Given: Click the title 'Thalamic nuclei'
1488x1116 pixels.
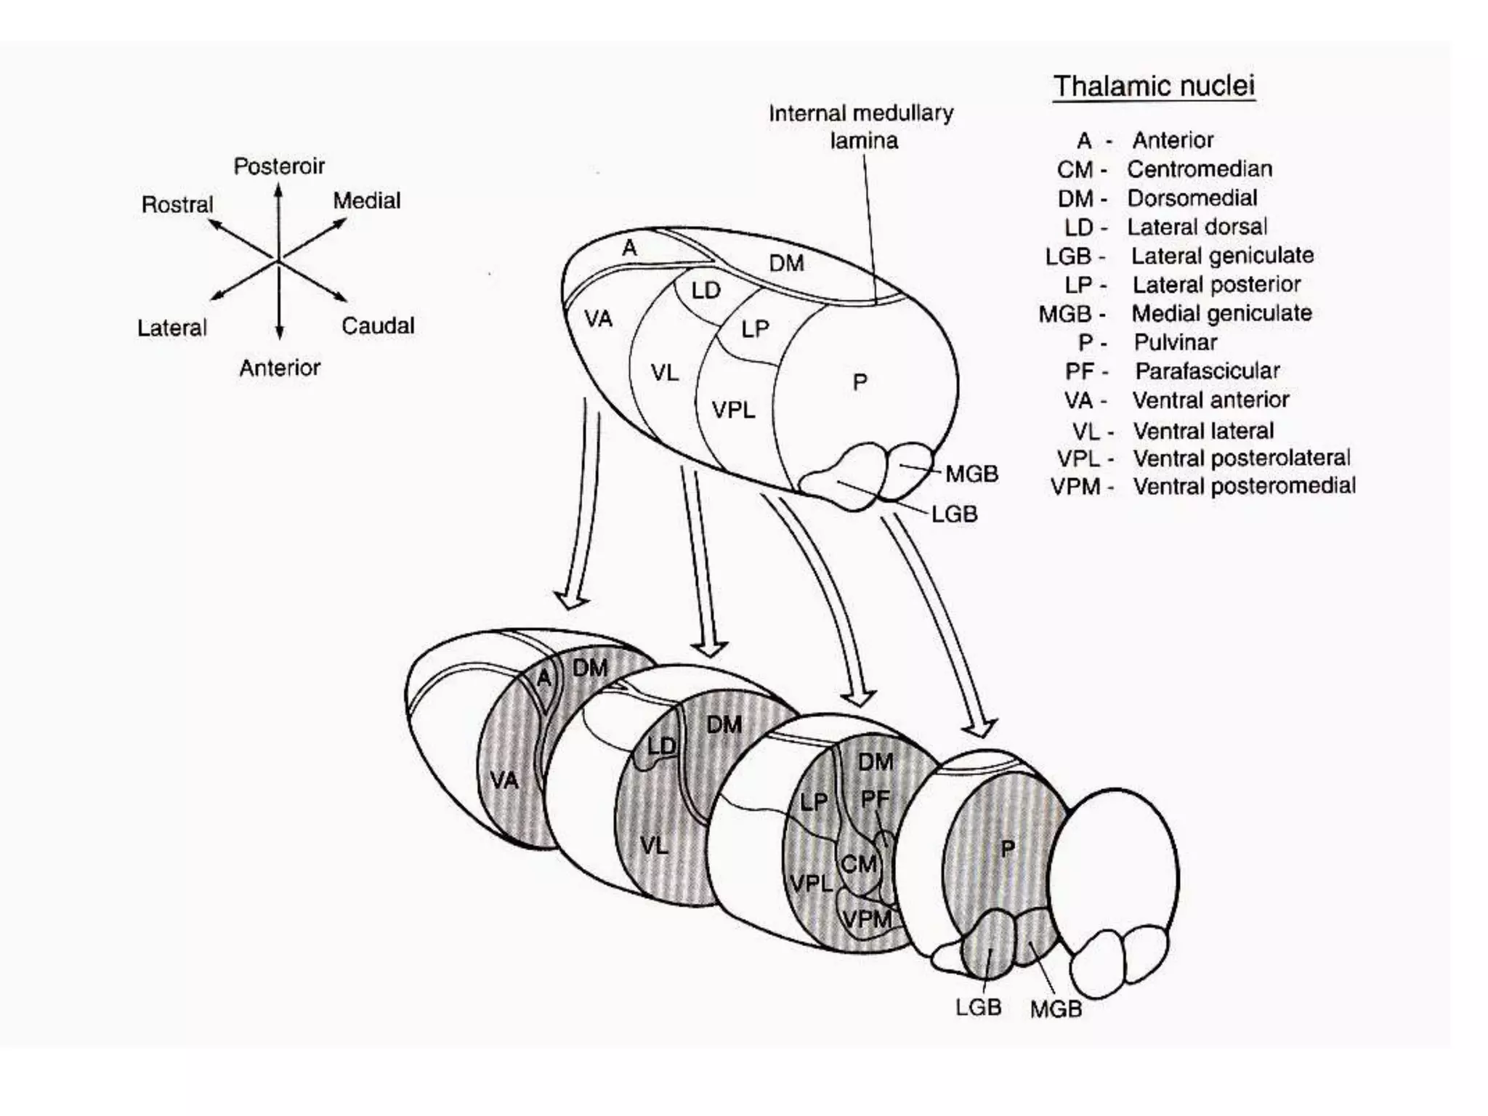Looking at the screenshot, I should point(1154,86).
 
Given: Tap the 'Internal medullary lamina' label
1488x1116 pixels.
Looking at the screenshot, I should point(861,126).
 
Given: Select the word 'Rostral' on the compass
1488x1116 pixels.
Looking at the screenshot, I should point(177,205).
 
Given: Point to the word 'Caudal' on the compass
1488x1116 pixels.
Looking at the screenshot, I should point(378,325).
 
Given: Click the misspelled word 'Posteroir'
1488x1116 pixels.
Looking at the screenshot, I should point(279,166).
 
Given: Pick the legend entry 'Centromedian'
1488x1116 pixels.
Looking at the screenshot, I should point(1200,169).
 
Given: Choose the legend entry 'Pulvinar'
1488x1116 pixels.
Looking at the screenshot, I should point(1175,342).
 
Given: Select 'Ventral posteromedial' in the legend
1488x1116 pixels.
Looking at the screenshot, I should point(1244,486).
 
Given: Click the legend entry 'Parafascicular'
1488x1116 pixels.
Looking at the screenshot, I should point(1207,371).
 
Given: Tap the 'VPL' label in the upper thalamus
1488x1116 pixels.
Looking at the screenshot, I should point(733,410).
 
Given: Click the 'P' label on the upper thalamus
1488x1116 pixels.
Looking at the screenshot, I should point(860,381).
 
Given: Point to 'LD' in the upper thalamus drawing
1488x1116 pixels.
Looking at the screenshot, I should point(705,291).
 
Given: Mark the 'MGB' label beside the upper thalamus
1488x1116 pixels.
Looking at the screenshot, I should point(971,474).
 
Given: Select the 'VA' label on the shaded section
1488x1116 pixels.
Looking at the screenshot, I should point(504,780).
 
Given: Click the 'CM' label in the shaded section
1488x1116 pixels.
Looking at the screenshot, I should point(858,864).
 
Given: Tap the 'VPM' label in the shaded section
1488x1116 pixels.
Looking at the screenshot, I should point(867,919).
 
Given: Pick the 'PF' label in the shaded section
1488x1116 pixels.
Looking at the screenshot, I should point(875,799).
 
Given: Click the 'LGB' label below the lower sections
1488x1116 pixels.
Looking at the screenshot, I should point(978,1007).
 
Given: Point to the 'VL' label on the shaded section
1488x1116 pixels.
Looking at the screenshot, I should point(654,845).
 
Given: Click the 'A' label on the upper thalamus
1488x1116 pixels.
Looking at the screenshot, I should point(629,248).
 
